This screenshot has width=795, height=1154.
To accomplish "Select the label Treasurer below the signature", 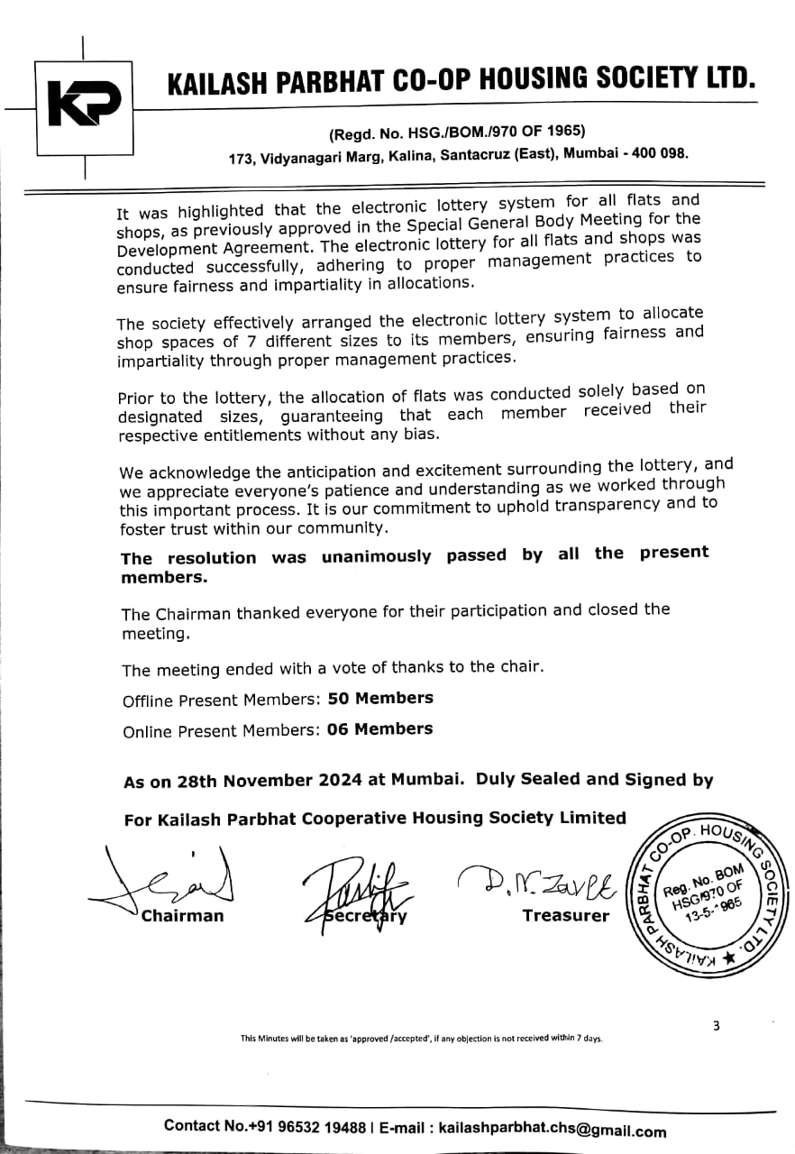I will tap(566, 916).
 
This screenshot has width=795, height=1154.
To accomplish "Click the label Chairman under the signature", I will tap(182, 917).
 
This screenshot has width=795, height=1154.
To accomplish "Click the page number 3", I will tap(716, 1025).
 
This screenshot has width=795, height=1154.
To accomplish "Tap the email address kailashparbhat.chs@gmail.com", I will tap(553, 1129).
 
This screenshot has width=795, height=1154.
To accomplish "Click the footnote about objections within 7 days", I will tap(421, 1039).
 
